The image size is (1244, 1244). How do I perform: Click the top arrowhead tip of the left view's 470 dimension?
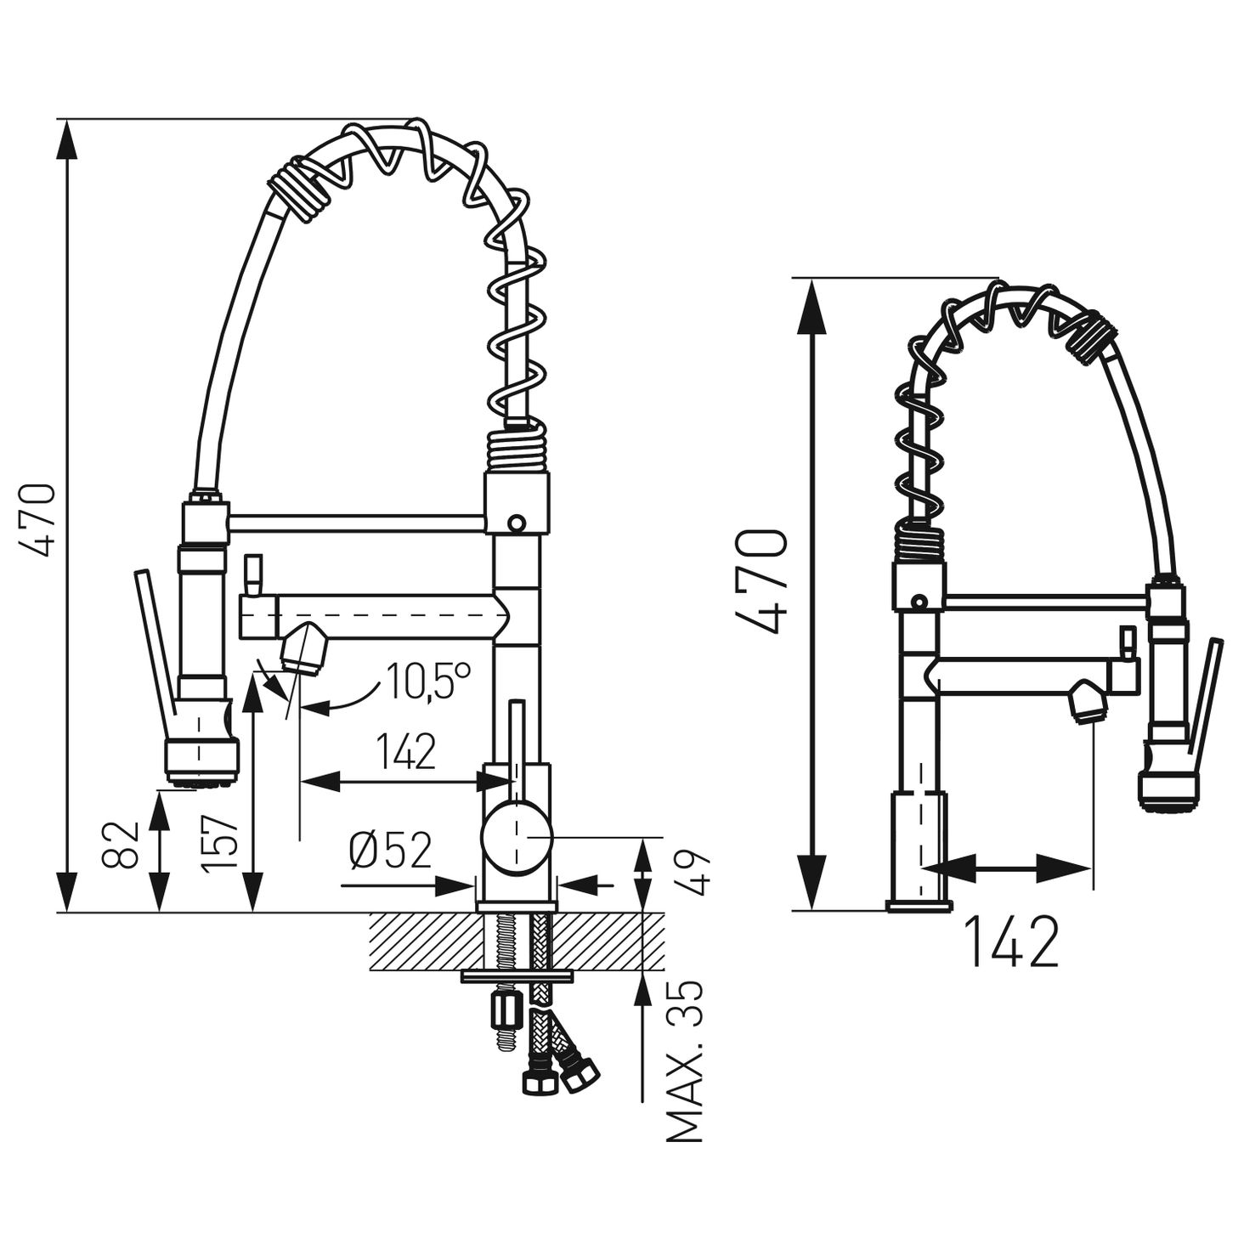[x=68, y=120]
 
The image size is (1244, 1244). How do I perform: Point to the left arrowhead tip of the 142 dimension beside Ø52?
[x=301, y=782]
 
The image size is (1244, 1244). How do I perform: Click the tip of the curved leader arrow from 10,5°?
[x=303, y=708]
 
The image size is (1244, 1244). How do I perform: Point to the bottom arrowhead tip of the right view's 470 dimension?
[x=816, y=911]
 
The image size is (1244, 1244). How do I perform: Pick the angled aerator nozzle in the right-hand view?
[x=1087, y=704]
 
